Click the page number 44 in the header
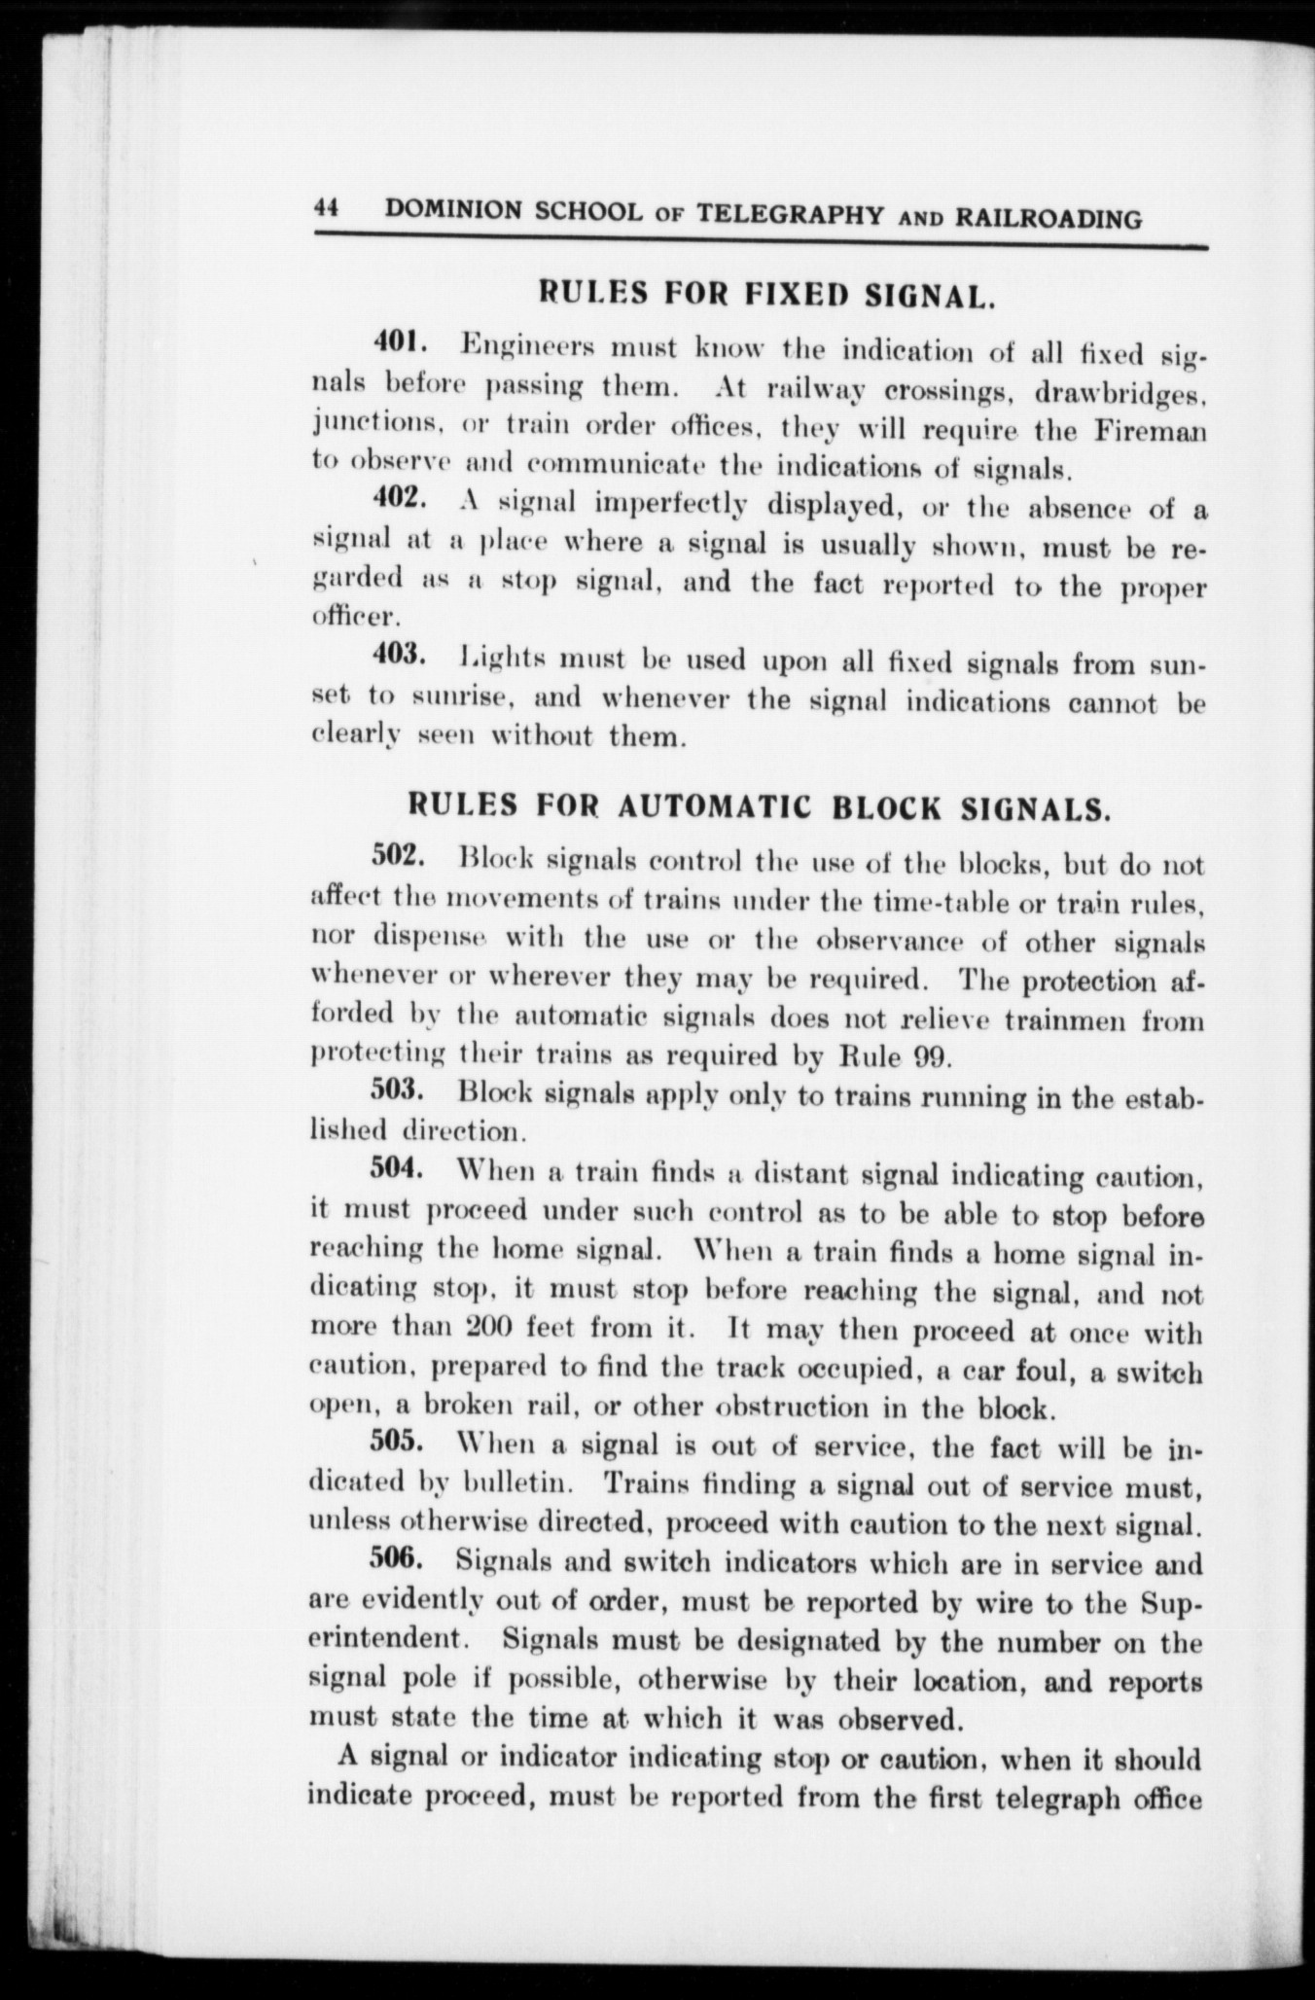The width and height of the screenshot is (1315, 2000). (325, 208)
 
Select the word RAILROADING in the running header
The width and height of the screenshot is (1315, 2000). (1049, 218)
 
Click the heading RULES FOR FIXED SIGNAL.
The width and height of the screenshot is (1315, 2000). (766, 293)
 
